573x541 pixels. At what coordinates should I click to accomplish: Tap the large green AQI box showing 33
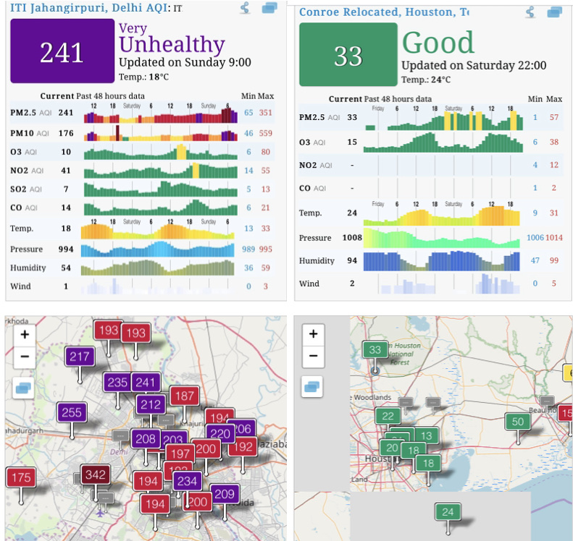pyautogui.click(x=348, y=56)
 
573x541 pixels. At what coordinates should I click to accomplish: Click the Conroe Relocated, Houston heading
pyautogui.click(x=383, y=12)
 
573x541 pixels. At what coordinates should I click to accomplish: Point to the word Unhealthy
pyautogui.click(x=172, y=45)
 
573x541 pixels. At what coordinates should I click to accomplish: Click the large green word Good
pyautogui.click(x=438, y=43)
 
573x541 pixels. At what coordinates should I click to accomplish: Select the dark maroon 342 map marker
pyautogui.click(x=95, y=475)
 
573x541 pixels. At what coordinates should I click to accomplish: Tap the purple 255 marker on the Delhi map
pyautogui.click(x=72, y=413)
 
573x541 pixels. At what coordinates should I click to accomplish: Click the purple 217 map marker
pyautogui.click(x=80, y=357)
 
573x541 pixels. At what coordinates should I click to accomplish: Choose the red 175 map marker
pyautogui.click(x=21, y=477)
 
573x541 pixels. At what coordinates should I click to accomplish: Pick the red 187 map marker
pyautogui.click(x=184, y=396)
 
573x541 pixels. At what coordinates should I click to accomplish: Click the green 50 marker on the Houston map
pyautogui.click(x=517, y=422)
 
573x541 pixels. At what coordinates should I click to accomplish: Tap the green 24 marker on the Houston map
pyautogui.click(x=448, y=513)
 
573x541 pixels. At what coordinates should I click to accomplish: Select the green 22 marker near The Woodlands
pyautogui.click(x=389, y=416)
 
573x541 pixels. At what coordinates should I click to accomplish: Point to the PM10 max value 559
pyautogui.click(x=266, y=134)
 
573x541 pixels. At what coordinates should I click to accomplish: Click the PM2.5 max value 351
pyautogui.click(x=266, y=113)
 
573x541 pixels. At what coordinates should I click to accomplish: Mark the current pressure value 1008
pyautogui.click(x=353, y=238)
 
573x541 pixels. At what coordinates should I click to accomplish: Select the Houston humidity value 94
pyautogui.click(x=353, y=261)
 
